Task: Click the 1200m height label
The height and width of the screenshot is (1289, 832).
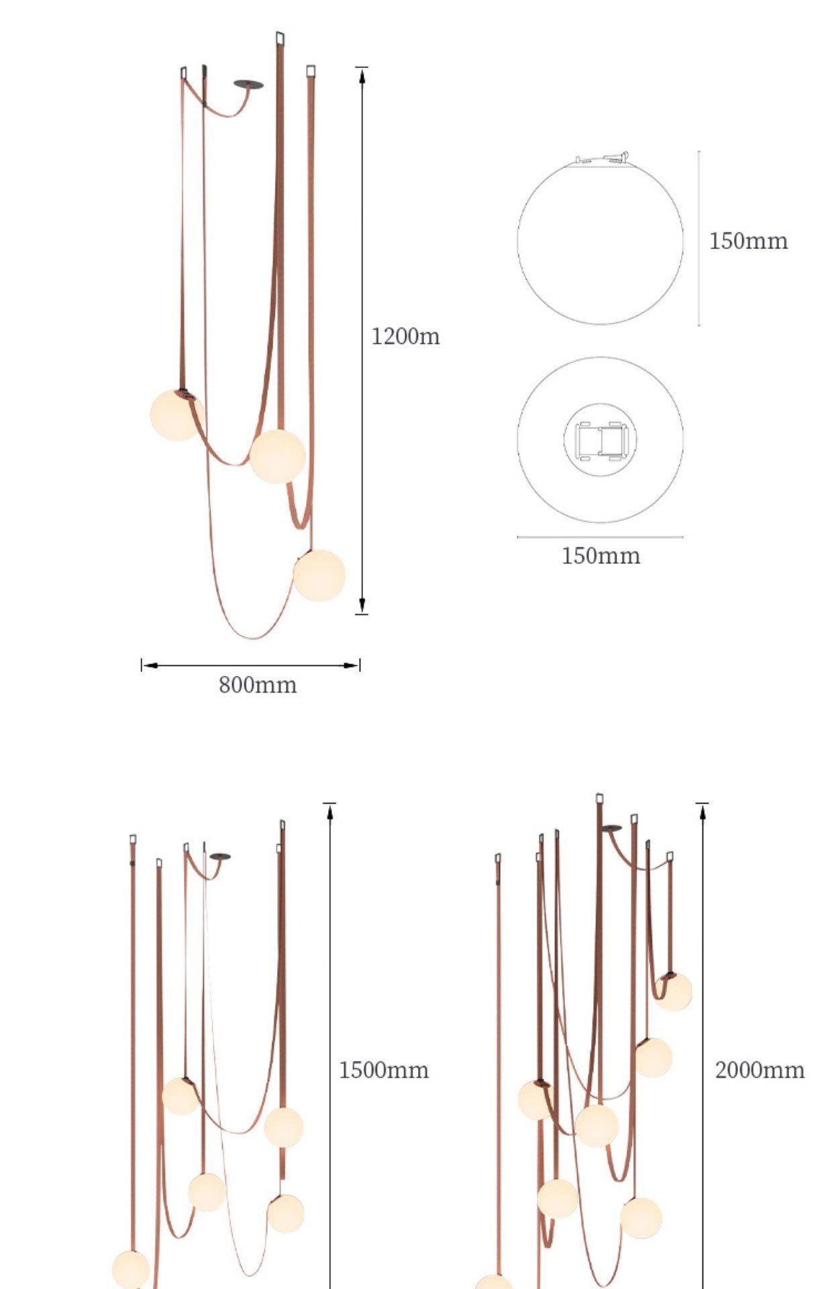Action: click(x=405, y=336)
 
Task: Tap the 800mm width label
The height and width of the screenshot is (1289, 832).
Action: click(x=258, y=685)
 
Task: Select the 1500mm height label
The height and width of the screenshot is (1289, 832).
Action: click(x=383, y=1069)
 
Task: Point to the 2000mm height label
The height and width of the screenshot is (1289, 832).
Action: click(x=759, y=1069)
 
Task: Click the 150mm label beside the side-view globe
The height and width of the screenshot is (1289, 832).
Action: click(x=748, y=240)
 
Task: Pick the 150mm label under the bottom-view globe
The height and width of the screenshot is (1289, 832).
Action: click(x=601, y=556)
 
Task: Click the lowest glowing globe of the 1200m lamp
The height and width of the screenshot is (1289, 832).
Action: click(x=319, y=575)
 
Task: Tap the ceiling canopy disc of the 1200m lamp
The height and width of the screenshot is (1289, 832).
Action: click(x=248, y=85)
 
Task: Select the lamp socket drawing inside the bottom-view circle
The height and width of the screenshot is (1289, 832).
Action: click(x=601, y=440)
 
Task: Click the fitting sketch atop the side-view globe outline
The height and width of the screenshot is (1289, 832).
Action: click(x=602, y=158)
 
